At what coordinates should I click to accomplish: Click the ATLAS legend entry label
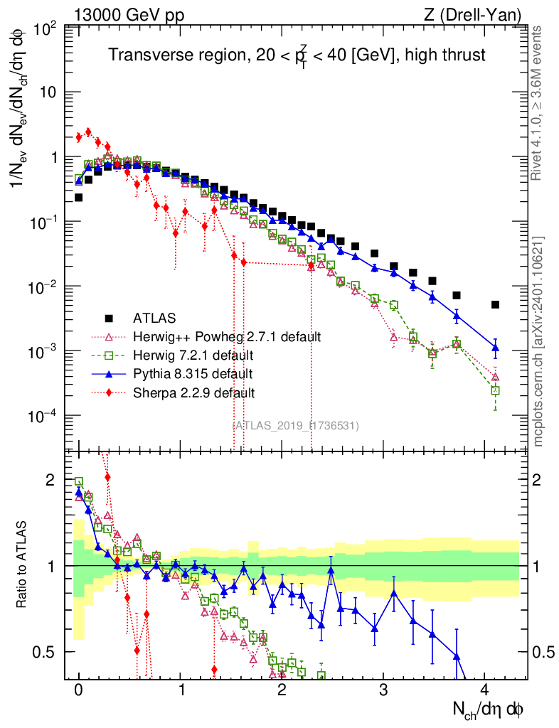[x=154, y=317]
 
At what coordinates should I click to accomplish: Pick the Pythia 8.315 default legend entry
[x=193, y=373]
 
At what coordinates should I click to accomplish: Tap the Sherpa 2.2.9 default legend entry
[x=194, y=392]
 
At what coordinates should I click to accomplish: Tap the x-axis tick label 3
[x=383, y=690]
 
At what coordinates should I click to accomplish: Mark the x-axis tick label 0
[x=79, y=690]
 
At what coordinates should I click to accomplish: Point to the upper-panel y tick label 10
[x=47, y=92]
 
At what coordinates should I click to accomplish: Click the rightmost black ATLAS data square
[x=496, y=305]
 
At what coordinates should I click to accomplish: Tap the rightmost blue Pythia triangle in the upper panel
[x=496, y=348]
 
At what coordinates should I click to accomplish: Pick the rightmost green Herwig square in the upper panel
[x=496, y=390]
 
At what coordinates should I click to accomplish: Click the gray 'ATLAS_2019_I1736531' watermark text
[x=296, y=425]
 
